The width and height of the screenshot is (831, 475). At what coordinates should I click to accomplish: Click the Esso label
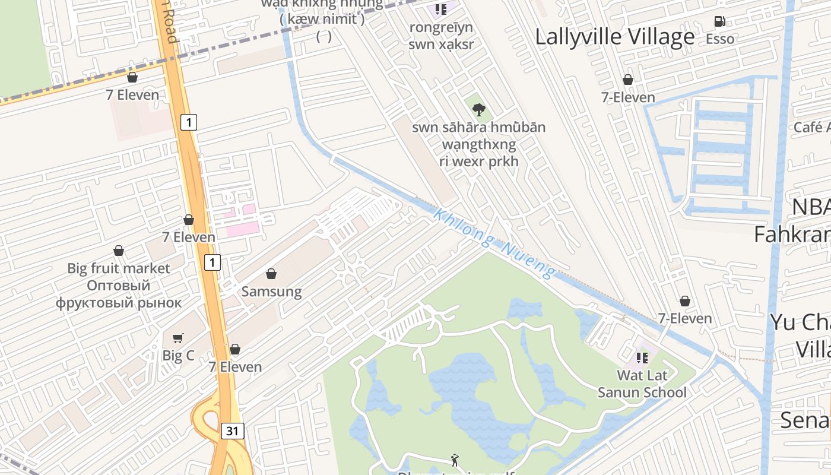(x=719, y=39)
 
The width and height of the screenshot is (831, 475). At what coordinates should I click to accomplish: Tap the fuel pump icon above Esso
(x=719, y=21)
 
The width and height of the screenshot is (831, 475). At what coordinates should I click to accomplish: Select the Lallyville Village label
(x=614, y=37)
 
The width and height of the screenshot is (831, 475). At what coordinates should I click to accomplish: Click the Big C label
(x=178, y=356)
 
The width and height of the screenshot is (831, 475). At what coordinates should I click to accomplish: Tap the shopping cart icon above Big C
(x=177, y=338)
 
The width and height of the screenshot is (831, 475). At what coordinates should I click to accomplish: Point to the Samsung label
(x=271, y=292)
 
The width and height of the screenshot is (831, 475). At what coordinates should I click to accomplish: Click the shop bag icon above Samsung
(x=271, y=274)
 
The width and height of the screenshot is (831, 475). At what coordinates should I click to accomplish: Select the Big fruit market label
(x=119, y=268)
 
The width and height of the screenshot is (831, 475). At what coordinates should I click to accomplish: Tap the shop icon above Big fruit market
(x=119, y=251)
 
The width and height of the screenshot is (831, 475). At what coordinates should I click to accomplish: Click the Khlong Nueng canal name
(x=494, y=243)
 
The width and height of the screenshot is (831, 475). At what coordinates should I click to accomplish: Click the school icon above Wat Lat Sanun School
(x=642, y=357)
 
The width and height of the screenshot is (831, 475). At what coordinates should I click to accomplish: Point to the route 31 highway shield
(x=232, y=431)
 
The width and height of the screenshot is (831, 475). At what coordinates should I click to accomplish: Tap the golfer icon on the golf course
(x=455, y=460)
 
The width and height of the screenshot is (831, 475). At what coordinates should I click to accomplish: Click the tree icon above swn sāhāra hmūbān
(x=478, y=109)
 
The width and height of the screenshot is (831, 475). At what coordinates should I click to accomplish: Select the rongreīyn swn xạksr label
(x=440, y=36)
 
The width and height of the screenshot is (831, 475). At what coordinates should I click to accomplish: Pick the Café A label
(x=812, y=127)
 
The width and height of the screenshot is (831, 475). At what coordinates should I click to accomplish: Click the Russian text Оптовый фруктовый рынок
(x=119, y=294)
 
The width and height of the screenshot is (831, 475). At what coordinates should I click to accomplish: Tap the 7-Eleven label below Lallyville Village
(x=628, y=97)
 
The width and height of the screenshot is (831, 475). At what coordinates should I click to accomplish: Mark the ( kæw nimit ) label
(x=322, y=19)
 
